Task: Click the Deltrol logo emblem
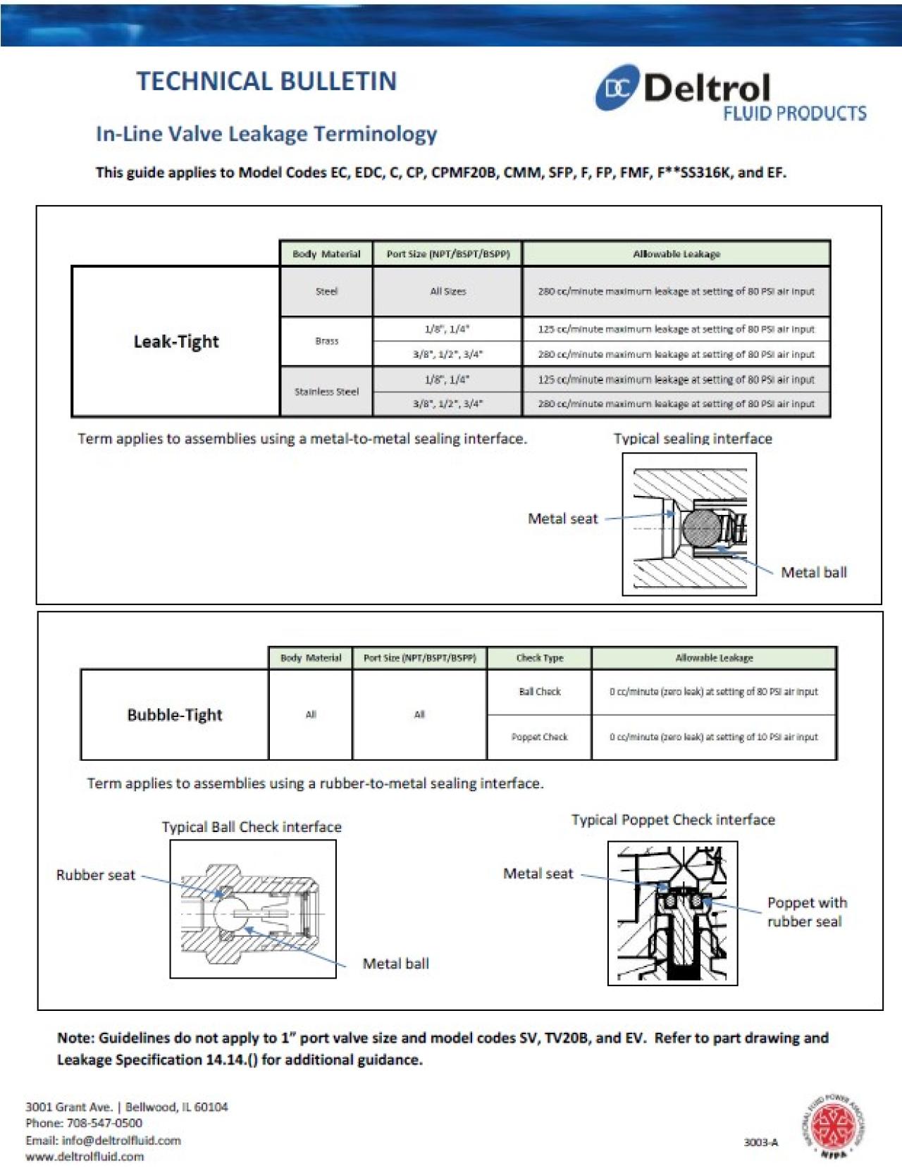617,88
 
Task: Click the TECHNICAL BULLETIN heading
266,81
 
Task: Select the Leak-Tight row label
176,342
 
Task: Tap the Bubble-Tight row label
175,715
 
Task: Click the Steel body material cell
326,292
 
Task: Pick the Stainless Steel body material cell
326,392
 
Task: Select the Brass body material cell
326,341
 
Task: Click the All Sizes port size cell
447,292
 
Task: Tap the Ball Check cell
539,692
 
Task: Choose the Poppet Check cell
539,737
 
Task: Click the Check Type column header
539,658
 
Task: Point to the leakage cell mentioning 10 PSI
713,737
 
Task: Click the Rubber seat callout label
96,875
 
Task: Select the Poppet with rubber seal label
806,912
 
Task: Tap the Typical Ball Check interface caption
252,827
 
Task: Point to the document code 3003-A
761,1142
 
